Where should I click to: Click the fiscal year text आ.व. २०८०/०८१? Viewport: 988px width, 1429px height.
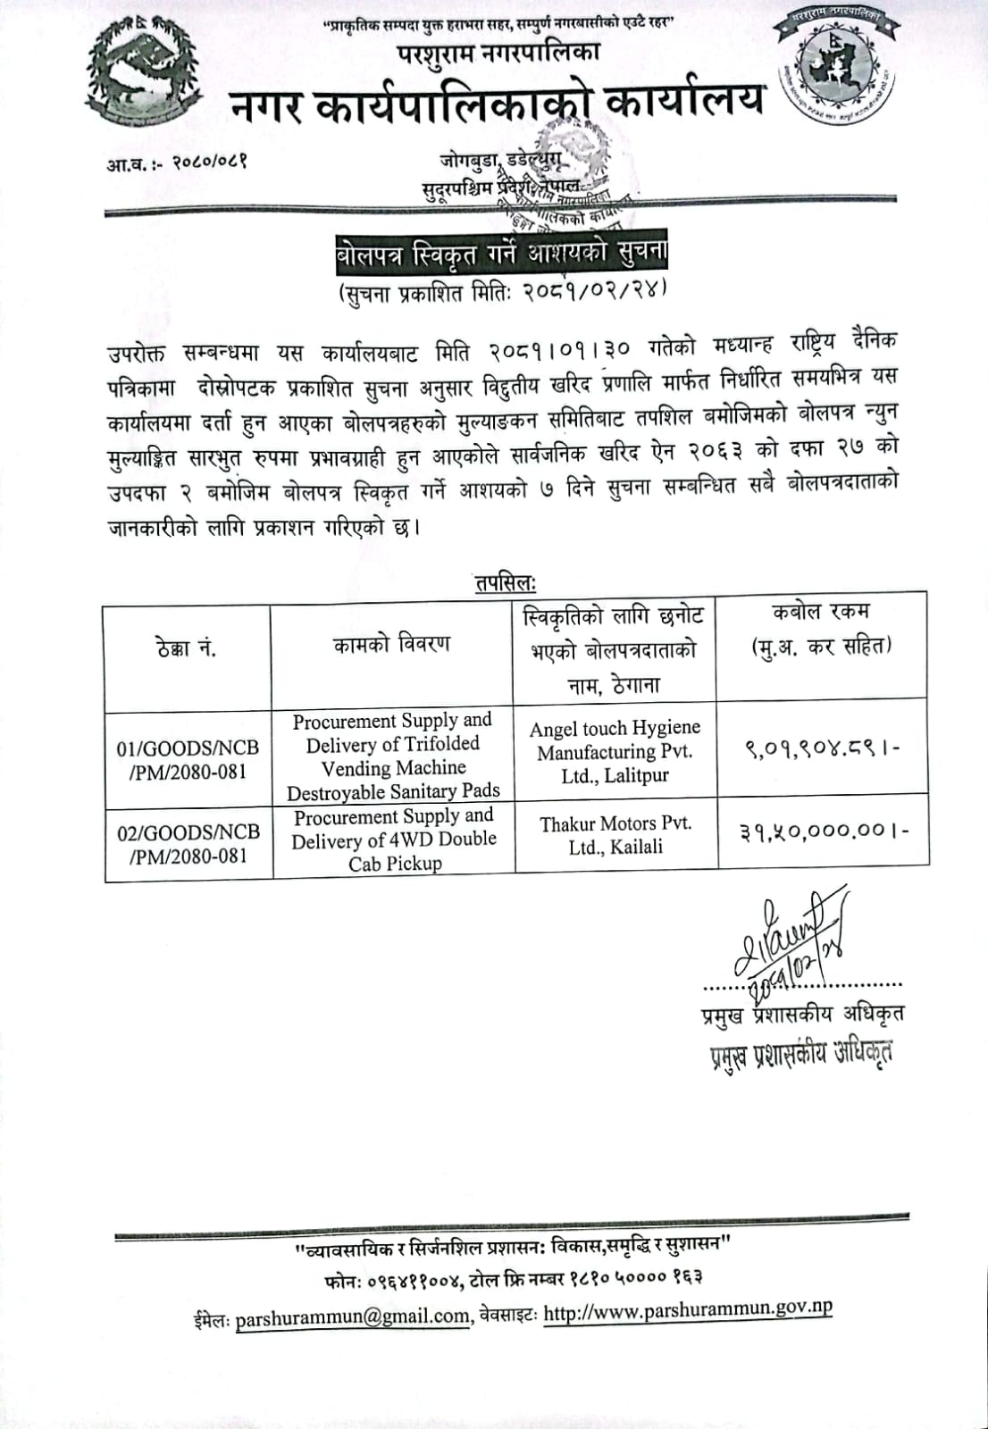[178, 163]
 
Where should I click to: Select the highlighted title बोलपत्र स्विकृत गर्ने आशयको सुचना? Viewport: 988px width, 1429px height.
[495, 255]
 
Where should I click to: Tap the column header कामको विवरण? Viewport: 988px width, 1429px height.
[391, 645]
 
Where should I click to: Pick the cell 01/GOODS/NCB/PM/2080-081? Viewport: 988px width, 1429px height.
[188, 759]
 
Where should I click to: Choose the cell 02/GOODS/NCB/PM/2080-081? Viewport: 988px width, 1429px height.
[188, 843]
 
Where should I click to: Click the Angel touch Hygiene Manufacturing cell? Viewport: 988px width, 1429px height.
[615, 752]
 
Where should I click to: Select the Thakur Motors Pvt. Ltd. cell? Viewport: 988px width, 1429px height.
[615, 834]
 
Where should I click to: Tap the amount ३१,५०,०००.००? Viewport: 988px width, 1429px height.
[823, 832]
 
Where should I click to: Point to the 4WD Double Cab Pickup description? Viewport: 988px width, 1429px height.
[394, 840]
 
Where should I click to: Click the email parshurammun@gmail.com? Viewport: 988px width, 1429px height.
[353, 1316]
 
